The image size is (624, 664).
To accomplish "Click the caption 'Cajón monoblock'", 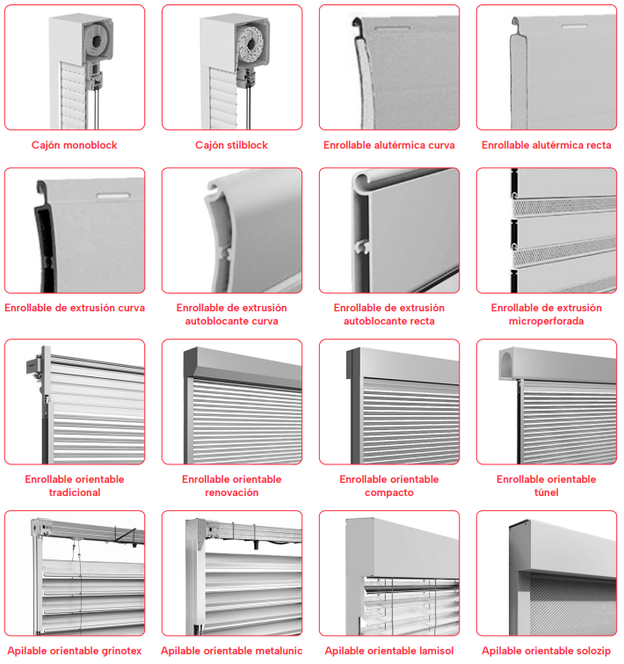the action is [x=74, y=145].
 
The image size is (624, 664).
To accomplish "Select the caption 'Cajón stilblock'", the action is [x=231, y=145].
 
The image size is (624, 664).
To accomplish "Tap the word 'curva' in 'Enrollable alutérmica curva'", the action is [x=441, y=145].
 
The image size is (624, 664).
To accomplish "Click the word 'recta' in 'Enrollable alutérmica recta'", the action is [x=599, y=145].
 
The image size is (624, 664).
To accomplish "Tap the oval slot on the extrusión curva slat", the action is [x=113, y=195].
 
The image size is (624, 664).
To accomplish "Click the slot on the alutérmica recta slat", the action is [x=574, y=26].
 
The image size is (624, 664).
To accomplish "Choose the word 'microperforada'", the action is [x=546, y=321].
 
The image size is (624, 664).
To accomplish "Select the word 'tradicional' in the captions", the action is [x=75, y=493].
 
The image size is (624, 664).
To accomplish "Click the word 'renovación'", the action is [x=231, y=493].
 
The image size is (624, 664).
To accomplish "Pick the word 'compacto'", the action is [x=388, y=493].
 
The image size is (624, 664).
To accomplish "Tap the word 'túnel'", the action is [x=546, y=493].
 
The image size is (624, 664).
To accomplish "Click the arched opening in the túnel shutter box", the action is [x=506, y=364].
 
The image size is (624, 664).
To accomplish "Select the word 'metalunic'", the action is [x=280, y=651].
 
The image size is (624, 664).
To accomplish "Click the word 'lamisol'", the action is [x=436, y=651].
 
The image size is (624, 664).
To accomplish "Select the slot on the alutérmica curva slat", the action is [x=392, y=28].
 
